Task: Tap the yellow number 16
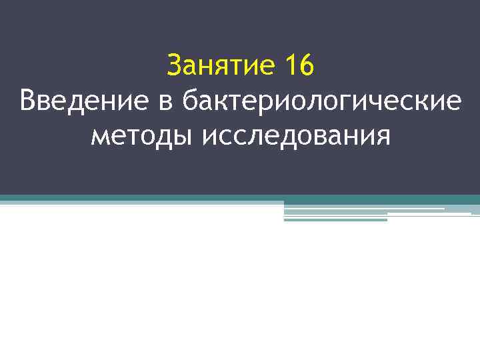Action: [299, 66]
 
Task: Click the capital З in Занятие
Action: [175, 66]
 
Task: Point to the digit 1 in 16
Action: [290, 66]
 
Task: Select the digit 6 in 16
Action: [307, 66]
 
